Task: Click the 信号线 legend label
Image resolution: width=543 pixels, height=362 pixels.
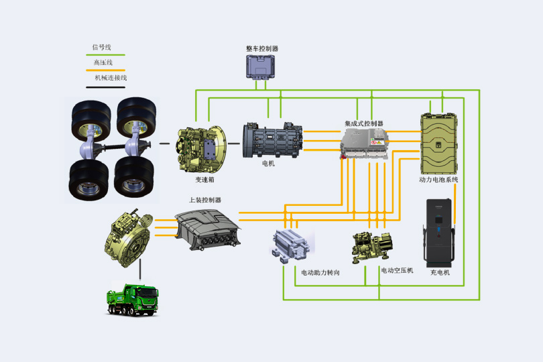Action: (102, 47)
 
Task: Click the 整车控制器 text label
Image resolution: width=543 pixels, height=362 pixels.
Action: (262, 49)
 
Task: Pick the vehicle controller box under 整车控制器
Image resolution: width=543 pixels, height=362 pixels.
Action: (261, 67)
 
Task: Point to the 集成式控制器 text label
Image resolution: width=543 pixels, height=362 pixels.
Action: (364, 124)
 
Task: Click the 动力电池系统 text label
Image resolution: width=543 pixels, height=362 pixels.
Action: (439, 180)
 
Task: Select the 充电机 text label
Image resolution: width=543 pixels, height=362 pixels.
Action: (440, 272)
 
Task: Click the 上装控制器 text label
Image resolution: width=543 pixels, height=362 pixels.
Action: (205, 200)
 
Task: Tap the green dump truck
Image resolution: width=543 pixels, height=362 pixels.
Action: (132, 300)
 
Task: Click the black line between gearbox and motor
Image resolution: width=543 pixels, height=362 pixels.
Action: (234, 143)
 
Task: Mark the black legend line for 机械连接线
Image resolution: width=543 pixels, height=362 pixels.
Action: (105, 87)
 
